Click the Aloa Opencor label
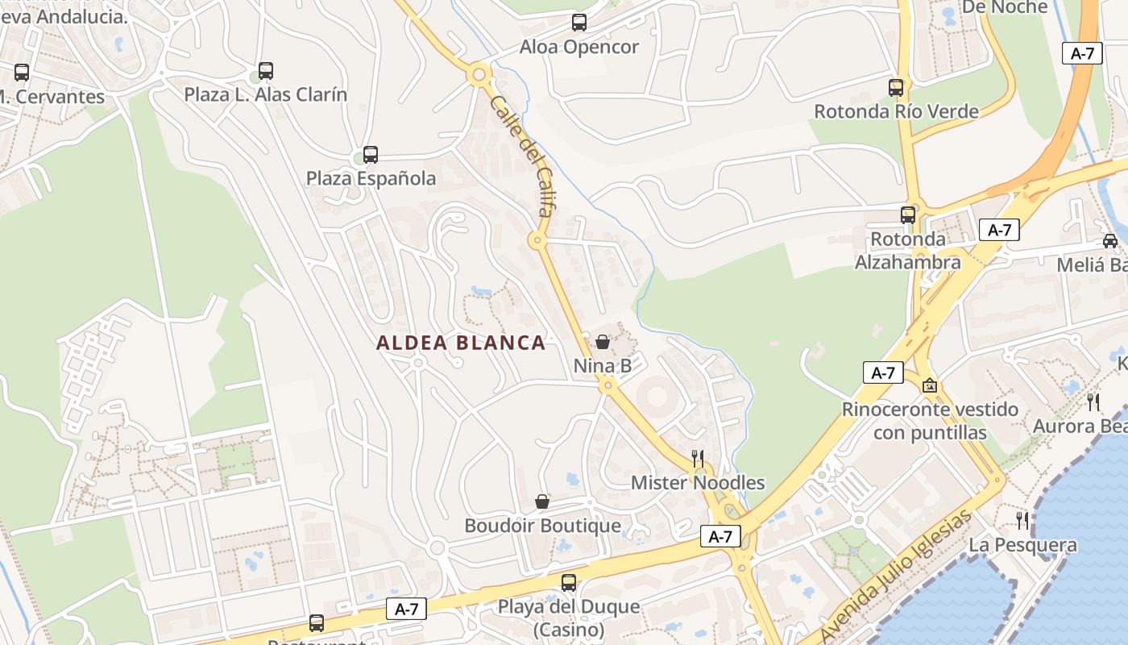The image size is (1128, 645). [579, 47]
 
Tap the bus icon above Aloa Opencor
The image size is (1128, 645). [579, 23]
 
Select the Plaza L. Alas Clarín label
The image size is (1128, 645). [266, 94]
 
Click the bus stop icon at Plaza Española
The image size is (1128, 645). [371, 154]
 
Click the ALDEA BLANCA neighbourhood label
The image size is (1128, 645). [461, 343]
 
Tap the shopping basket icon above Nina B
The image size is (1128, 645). [602, 342]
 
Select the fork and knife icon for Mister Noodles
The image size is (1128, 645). [698, 459]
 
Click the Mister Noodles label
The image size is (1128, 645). [698, 483]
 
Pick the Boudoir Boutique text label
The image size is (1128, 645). [542, 526]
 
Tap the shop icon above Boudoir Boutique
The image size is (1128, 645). [542, 502]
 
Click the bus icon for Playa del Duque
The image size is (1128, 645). [569, 582]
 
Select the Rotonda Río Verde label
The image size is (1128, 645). [896, 111]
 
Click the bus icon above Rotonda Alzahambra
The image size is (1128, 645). [908, 214]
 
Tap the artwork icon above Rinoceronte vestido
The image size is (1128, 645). [930, 385]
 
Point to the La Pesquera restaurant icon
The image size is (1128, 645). [1022, 521]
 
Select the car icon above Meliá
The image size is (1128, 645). [1110, 240]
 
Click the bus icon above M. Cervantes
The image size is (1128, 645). [22, 72]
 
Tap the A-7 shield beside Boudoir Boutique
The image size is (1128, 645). [720, 536]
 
